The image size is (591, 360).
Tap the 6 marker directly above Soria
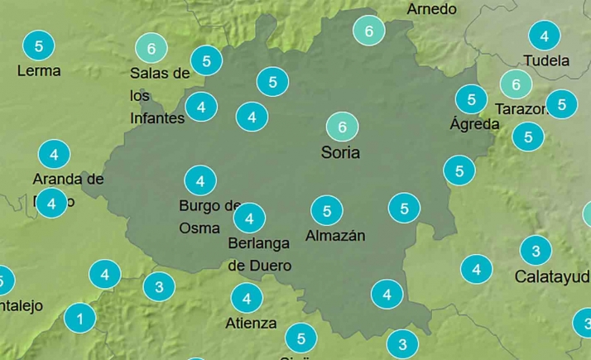tap(342, 127)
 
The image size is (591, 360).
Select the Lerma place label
tap(39, 70)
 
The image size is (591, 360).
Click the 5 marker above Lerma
tap(39, 45)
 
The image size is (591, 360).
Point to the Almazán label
tap(335, 236)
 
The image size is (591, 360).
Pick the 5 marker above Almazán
tap(327, 210)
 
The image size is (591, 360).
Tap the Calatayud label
tap(552, 276)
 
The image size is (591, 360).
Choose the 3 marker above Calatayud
tap(536, 251)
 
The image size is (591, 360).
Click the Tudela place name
tap(546, 60)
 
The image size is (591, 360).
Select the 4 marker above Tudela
tap(544, 36)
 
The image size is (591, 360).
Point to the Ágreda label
tap(474, 124)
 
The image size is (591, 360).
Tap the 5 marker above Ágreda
tap(471, 99)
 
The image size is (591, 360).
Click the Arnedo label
tap(431, 9)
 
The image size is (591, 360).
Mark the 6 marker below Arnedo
tap(368, 31)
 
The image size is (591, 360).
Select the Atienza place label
tap(251, 323)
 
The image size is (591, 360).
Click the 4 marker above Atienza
tap(247, 298)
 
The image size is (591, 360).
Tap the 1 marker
tap(79, 318)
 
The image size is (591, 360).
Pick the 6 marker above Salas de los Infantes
tap(151, 48)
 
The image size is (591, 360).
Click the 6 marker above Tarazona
tap(516, 84)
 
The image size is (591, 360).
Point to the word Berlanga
tap(259, 243)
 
